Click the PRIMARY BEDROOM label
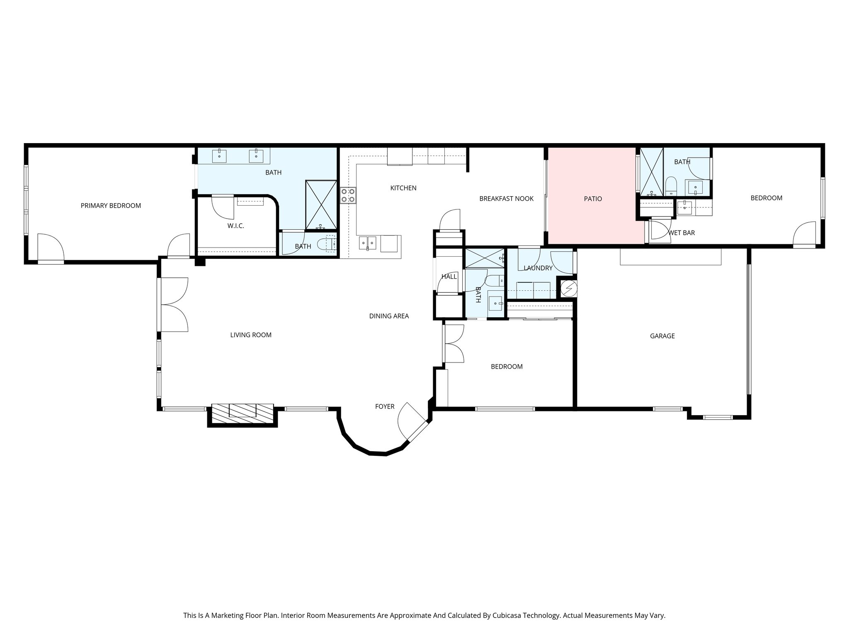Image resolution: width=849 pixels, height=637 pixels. (111, 206)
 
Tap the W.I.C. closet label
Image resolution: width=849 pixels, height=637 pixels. (235, 226)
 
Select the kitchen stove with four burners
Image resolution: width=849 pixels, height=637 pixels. (348, 195)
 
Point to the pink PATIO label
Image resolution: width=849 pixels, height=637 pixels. (593, 199)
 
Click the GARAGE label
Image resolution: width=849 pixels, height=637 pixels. (662, 336)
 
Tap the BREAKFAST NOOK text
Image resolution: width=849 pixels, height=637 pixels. (506, 199)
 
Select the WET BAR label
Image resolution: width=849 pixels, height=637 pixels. (682, 233)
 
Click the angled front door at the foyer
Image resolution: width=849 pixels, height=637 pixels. (417, 431)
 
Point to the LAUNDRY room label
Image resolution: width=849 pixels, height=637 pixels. (538, 268)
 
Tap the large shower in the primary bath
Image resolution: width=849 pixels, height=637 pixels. (321, 204)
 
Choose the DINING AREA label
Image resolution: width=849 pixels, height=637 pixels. (389, 316)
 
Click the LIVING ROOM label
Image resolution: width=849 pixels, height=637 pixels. (251, 335)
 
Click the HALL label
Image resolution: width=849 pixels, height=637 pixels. (449, 277)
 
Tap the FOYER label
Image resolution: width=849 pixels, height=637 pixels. (385, 407)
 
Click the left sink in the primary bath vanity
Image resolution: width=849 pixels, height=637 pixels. (219, 156)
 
